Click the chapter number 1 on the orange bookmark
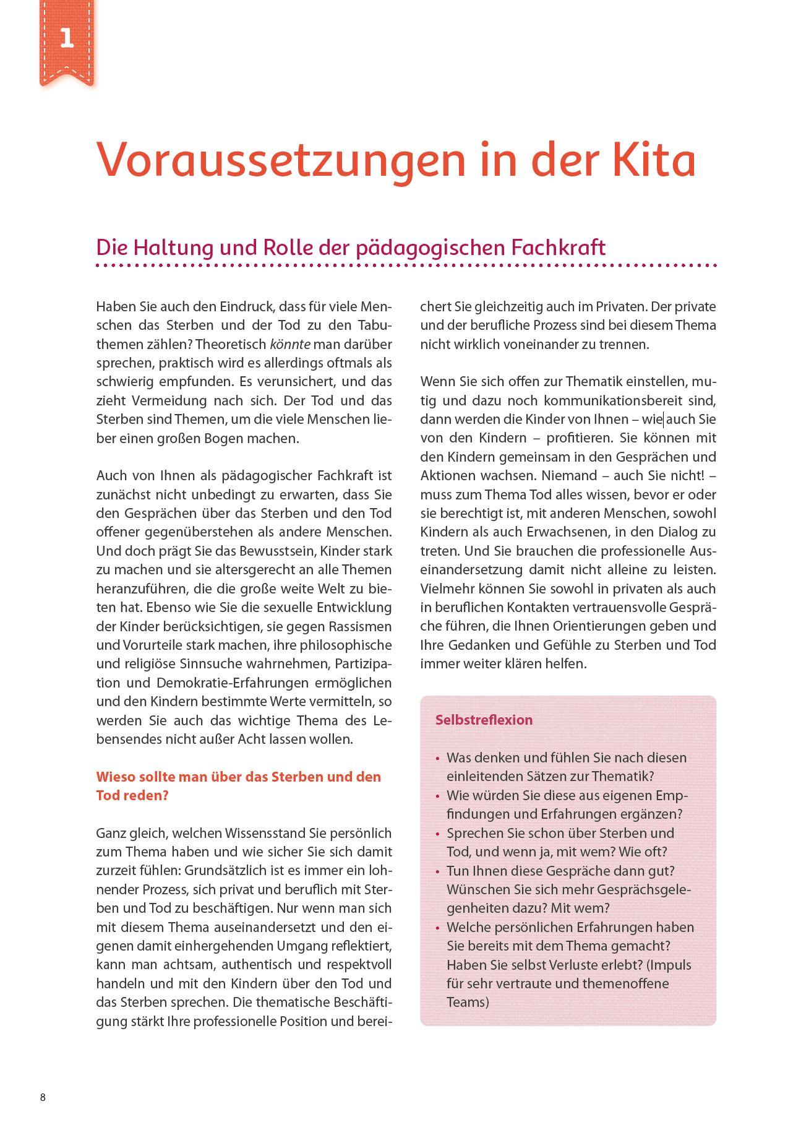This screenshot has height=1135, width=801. click(x=67, y=38)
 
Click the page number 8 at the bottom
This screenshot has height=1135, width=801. click(x=43, y=1097)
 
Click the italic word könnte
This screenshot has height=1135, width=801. click(x=290, y=344)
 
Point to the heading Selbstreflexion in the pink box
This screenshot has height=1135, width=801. click(x=484, y=720)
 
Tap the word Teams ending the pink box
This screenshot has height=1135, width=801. click(x=467, y=1002)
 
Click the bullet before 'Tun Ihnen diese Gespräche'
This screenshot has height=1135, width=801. click(x=437, y=871)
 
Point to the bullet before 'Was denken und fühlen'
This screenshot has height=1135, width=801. click(x=437, y=759)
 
